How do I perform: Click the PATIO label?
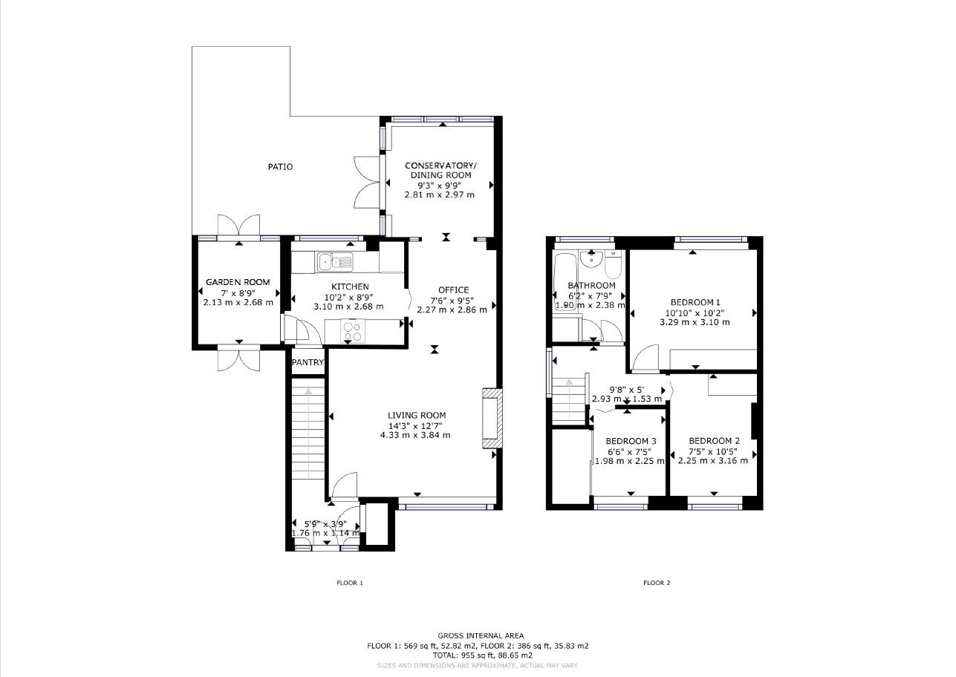coord(280,167)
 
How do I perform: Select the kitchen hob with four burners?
coord(352,330)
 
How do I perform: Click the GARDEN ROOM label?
coord(238,282)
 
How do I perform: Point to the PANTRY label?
coord(308,363)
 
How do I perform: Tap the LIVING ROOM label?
coord(416,416)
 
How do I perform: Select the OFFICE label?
coord(453,290)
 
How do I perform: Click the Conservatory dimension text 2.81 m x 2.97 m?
coord(439,194)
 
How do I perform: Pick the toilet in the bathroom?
coord(613,264)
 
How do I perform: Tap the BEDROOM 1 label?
coord(695,302)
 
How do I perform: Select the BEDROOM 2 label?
coord(714,440)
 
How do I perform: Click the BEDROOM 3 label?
coord(630,441)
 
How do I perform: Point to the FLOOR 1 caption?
coord(349,583)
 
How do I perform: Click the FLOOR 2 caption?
coord(657,583)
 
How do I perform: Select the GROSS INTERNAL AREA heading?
coord(480,635)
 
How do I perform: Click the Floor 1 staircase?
coord(308,431)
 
